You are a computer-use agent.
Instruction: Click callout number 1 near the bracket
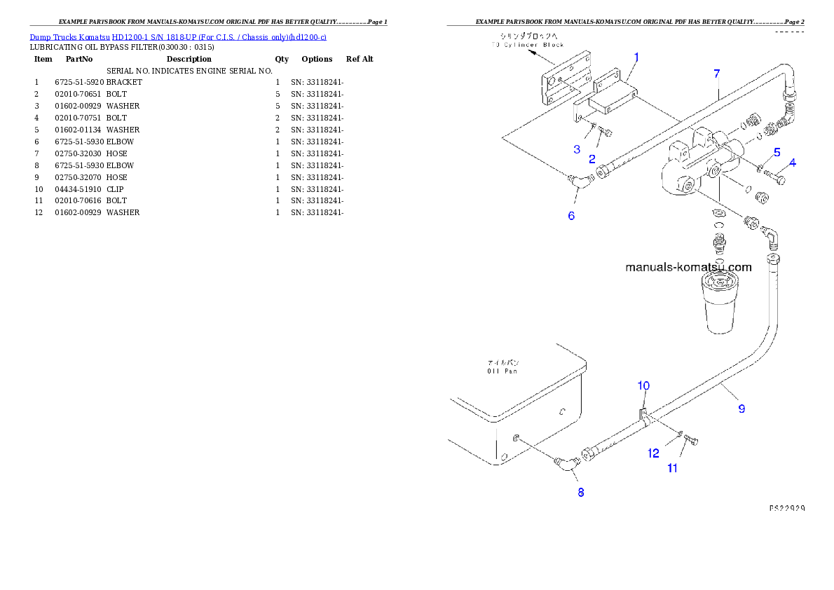(x=636, y=57)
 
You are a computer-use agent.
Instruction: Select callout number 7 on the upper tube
(x=716, y=73)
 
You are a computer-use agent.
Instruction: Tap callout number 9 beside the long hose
(x=741, y=409)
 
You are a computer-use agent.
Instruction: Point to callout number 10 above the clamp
(x=643, y=385)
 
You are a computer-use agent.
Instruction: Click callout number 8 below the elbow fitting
(x=580, y=493)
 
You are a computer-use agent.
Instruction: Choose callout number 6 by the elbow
(x=571, y=216)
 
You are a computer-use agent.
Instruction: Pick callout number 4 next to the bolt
(x=793, y=163)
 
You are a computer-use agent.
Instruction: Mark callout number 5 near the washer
(x=777, y=152)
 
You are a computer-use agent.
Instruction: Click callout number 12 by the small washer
(x=653, y=453)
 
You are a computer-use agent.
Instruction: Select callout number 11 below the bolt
(x=672, y=468)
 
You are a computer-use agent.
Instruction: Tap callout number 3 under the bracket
(x=577, y=149)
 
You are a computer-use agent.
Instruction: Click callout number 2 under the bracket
(x=592, y=159)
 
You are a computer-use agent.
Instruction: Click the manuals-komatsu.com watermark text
(x=688, y=267)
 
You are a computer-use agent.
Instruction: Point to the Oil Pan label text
(x=503, y=367)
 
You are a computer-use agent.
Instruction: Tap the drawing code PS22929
(x=786, y=507)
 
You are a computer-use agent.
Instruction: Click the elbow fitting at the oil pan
(x=565, y=463)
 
